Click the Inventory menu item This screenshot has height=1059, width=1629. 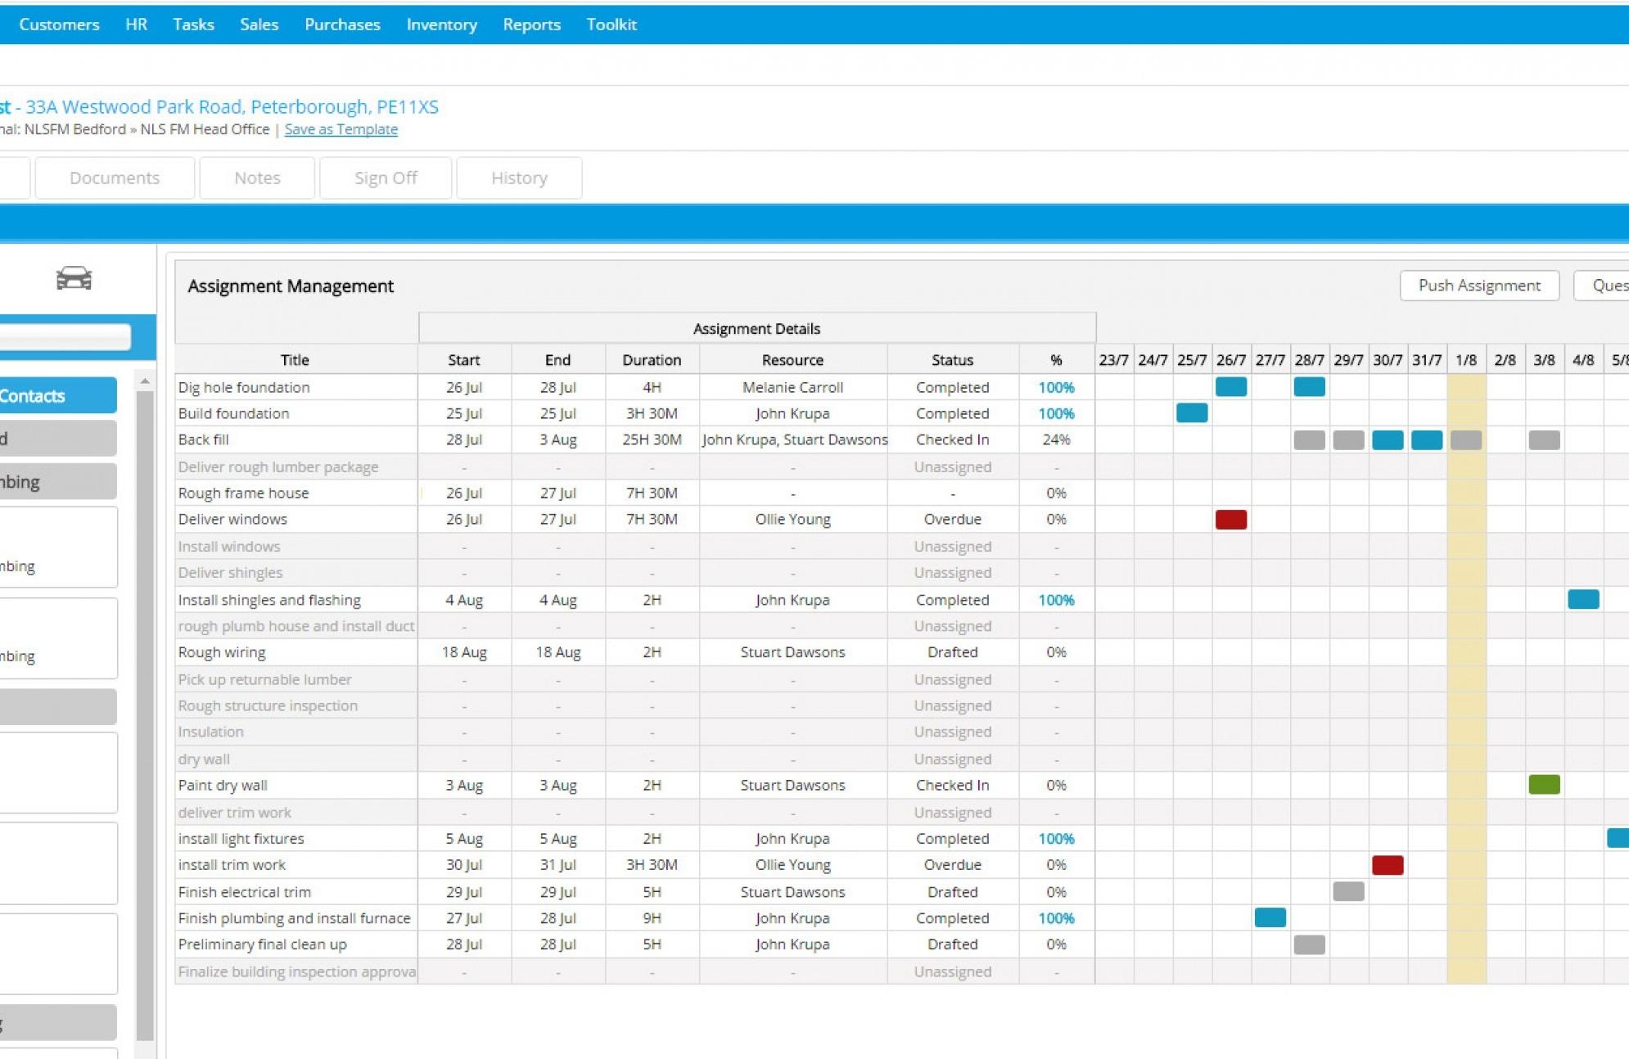[441, 25]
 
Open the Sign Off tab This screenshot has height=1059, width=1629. [386, 178]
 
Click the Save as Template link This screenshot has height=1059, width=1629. [341, 129]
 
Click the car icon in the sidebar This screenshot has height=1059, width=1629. [74, 278]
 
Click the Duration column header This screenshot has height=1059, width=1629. [651, 360]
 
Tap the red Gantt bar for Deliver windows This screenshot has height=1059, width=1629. [1230, 519]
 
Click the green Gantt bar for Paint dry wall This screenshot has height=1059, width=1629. [1544, 785]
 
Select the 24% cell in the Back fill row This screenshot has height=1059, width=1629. [1056, 439]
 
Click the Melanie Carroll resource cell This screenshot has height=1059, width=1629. [792, 387]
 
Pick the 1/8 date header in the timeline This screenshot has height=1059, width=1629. [1465, 360]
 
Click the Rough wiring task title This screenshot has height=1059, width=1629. [222, 652]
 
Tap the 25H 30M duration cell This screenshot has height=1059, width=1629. [651, 439]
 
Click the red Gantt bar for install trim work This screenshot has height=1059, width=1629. [1388, 865]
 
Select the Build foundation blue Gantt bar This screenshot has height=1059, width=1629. [1192, 413]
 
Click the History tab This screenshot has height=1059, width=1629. [519, 178]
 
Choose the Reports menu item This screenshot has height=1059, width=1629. [531, 25]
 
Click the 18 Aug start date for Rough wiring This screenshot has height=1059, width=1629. [464, 652]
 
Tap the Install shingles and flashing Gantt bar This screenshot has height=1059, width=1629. [1583, 599]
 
